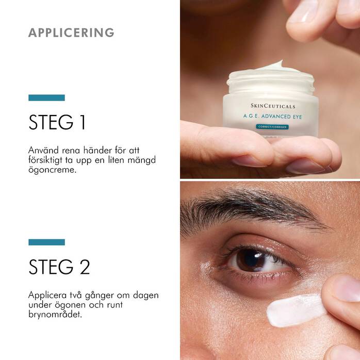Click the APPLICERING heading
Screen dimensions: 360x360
click(x=71, y=32)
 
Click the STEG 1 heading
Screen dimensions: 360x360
click(x=57, y=123)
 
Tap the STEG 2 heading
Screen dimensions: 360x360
click(x=59, y=267)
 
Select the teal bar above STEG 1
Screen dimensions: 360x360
click(x=46, y=97)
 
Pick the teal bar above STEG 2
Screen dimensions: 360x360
click(x=46, y=242)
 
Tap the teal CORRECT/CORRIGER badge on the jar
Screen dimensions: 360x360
click(x=272, y=127)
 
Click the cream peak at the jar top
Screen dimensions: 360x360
click(x=279, y=65)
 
